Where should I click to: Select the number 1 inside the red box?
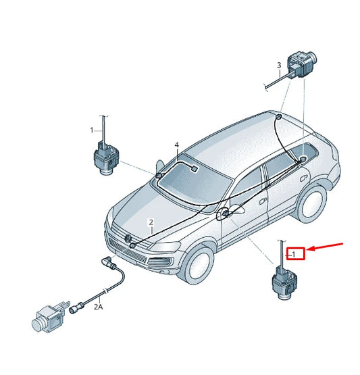[294, 254]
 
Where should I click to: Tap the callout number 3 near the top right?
[278, 66]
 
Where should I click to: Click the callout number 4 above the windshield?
[176, 145]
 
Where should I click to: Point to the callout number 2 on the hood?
[151, 222]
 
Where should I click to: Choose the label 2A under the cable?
[99, 306]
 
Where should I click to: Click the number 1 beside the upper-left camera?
[93, 128]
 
